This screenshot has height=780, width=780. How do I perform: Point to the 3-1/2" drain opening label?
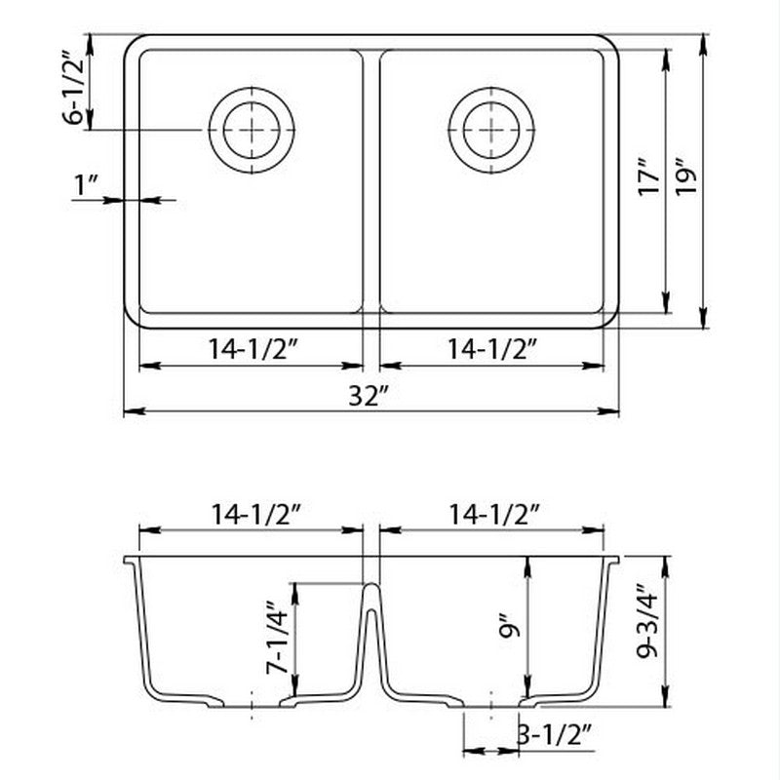point(556,736)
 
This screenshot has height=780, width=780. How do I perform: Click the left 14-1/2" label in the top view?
point(251,348)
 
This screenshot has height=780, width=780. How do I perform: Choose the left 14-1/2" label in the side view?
point(251,514)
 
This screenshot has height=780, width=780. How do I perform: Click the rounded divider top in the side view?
point(370,588)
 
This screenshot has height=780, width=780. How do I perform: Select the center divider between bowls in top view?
point(370,180)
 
